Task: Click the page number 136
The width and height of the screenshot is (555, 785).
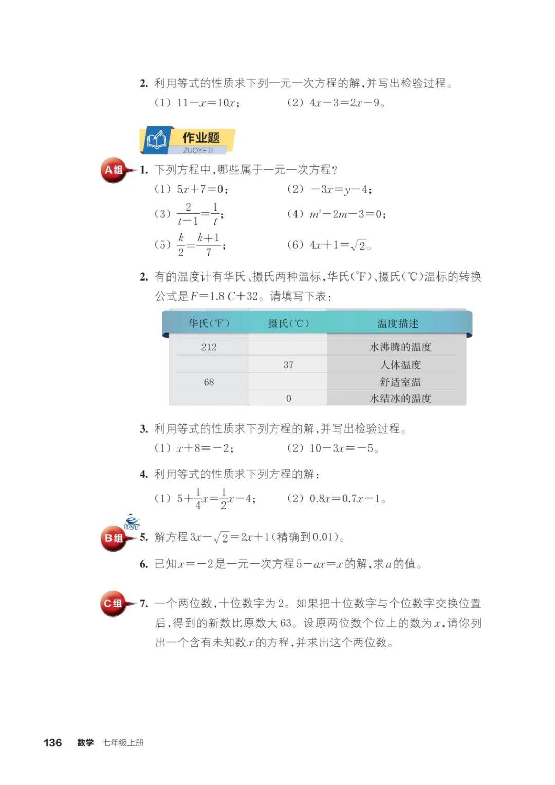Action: tap(52, 742)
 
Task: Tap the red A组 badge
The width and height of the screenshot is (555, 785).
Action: tap(114, 170)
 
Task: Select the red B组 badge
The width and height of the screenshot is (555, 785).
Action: tap(114, 538)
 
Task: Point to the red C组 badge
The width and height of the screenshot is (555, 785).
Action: tap(114, 603)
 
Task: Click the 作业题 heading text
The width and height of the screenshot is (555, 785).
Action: tap(201, 138)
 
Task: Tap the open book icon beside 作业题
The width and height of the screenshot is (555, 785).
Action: tap(157, 140)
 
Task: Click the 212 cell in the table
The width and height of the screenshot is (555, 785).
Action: tap(209, 347)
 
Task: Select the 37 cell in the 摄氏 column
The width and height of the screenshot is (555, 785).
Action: tap(288, 365)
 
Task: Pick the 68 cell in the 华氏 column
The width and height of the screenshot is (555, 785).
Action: tap(209, 382)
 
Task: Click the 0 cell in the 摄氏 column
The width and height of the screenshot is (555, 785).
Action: tap(288, 398)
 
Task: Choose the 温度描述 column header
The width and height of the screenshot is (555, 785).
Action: tap(398, 324)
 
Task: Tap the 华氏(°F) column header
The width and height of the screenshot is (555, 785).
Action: tap(209, 324)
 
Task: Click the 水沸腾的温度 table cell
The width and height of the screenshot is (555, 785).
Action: tap(400, 347)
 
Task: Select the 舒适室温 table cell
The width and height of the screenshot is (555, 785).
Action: tap(400, 382)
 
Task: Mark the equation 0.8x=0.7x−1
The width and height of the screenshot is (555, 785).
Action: tap(347, 499)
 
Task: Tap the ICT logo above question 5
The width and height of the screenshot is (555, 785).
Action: tap(132, 521)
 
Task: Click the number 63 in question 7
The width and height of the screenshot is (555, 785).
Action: tap(286, 623)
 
